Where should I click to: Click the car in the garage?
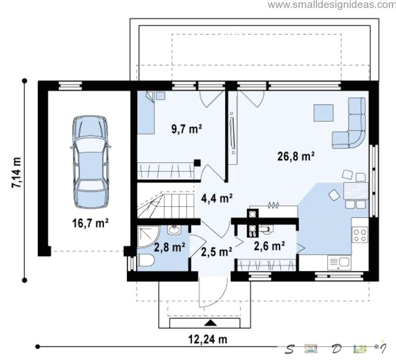tap(91, 162)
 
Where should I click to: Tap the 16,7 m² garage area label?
tap(90, 223)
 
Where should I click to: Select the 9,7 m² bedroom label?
tap(187, 129)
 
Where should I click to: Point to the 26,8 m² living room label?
tap(296, 156)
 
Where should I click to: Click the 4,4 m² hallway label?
tap(217, 198)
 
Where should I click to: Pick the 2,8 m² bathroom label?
tap(169, 247)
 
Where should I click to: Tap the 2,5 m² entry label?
tap(217, 252)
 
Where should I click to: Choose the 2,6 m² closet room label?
tap(269, 246)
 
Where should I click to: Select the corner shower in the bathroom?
tap(148, 237)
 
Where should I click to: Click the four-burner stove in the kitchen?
tap(360, 235)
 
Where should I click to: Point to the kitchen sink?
tap(339, 262)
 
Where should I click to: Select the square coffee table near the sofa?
tap(324, 113)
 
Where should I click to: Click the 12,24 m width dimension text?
tap(208, 339)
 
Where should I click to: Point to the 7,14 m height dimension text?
tap(16, 172)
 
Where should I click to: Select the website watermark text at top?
tap(331, 4)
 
